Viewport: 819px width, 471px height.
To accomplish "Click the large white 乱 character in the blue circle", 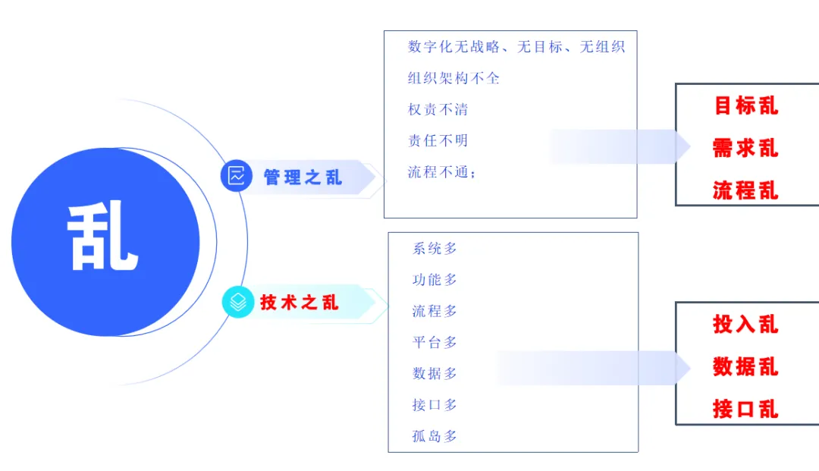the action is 103,235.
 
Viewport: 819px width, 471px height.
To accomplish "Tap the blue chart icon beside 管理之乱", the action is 237,175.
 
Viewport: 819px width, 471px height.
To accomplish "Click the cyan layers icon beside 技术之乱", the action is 238,302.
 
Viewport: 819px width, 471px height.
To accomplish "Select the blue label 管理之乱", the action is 303,177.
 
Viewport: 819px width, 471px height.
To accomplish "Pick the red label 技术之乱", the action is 300,303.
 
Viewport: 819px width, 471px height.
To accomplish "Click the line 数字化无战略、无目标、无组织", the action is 516,47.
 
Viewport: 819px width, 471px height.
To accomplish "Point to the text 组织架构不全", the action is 453,78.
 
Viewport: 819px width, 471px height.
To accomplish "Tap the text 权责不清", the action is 438,110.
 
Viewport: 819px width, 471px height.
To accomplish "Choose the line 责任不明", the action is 438,140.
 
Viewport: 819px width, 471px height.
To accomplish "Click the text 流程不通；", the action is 442,172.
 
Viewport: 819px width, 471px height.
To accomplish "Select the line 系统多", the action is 435,249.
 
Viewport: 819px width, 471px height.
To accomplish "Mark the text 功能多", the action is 435,280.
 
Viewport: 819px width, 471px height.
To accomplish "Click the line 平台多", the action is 435,343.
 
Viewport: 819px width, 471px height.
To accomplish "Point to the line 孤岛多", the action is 435,436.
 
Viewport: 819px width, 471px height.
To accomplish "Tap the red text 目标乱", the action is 746,105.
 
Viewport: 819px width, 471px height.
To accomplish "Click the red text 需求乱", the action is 746,149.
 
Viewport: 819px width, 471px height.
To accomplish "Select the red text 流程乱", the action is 746,190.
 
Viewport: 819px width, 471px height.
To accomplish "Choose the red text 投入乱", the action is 746,325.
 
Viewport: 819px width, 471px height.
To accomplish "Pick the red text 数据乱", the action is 746,366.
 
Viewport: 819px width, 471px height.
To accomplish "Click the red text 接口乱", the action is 746,409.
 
